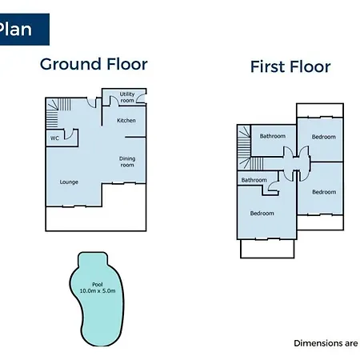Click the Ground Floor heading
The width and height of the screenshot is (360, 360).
(x=94, y=64)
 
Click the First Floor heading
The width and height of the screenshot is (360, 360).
(x=290, y=66)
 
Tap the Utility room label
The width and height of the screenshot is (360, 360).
(x=127, y=98)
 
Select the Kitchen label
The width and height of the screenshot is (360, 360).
(x=126, y=121)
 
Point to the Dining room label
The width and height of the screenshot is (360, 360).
(x=127, y=162)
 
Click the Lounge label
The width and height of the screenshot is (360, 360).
(x=69, y=182)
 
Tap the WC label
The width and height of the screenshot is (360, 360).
(x=54, y=138)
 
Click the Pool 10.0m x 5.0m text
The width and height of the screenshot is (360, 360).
(x=98, y=288)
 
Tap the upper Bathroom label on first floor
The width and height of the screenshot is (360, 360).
(x=273, y=136)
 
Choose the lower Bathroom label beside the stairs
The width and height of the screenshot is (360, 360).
(x=254, y=180)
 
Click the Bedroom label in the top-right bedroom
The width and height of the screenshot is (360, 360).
(x=324, y=137)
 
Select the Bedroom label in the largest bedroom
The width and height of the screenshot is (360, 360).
(x=262, y=214)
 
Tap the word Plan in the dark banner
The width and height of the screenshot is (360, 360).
(x=15, y=29)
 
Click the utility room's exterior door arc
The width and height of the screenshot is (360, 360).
(x=141, y=98)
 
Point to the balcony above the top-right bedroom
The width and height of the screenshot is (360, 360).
(x=320, y=110)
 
